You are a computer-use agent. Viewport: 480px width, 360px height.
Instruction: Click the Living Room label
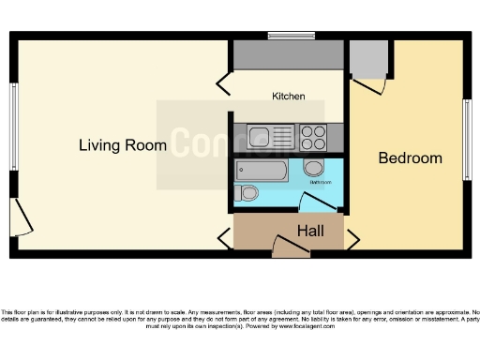tap(123, 145)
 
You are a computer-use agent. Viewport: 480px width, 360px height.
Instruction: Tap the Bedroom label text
tap(410, 158)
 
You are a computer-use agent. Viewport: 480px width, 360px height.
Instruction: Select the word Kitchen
tap(289, 97)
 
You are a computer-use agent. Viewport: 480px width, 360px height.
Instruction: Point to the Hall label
tap(310, 231)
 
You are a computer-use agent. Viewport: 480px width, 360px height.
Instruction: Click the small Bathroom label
tap(321, 182)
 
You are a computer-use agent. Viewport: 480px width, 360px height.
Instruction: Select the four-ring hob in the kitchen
tap(313, 136)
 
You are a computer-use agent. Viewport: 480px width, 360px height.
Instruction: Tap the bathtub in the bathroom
tap(262, 171)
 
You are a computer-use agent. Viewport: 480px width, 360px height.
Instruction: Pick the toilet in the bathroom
tap(247, 193)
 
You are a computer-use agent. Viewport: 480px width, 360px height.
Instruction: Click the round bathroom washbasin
tap(314, 169)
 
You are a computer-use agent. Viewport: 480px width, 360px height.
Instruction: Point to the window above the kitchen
tap(291, 36)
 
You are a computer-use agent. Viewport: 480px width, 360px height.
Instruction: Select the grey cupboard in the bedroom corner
tap(369, 58)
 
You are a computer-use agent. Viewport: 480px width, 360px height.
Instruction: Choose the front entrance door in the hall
tap(290, 246)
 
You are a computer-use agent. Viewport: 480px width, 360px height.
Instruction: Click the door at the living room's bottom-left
tap(23, 217)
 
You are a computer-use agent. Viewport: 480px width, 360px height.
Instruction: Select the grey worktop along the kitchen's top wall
tap(288, 54)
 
